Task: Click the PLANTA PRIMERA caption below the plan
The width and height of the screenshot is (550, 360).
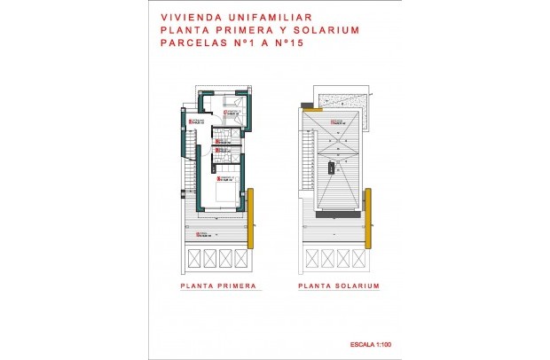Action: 218,287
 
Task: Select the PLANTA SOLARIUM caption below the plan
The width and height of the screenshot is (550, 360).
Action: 339,287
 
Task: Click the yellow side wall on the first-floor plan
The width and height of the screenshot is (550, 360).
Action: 252,217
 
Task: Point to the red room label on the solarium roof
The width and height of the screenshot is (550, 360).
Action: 337,121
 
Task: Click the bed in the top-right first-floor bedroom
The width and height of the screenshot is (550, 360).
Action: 232,110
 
